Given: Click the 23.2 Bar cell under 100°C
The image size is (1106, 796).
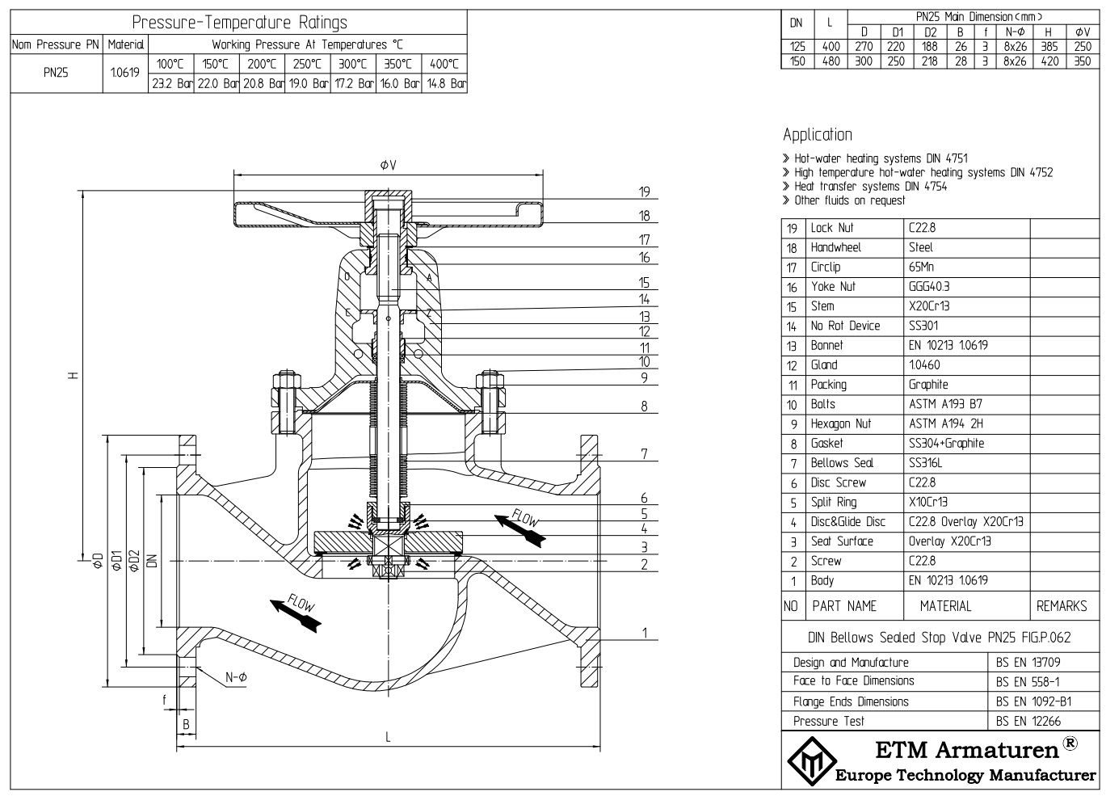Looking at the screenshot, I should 171,83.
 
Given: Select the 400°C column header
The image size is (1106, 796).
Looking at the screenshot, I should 444,64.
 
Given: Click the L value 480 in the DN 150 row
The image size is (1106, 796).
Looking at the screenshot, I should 831,61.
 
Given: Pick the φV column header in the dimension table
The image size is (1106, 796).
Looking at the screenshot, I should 1083,32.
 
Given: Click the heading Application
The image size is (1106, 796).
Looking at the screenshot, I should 817,135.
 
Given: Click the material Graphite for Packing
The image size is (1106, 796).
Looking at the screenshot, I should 927,385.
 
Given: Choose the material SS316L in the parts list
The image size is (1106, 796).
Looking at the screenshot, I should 925,463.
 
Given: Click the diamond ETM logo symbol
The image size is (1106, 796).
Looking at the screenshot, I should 809,760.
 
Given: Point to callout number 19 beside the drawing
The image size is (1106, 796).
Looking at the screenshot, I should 644,192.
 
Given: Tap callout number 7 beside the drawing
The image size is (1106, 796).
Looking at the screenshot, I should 644,453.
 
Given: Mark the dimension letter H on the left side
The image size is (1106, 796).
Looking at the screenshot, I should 73,375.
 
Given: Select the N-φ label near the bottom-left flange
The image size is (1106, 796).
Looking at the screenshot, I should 236,677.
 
